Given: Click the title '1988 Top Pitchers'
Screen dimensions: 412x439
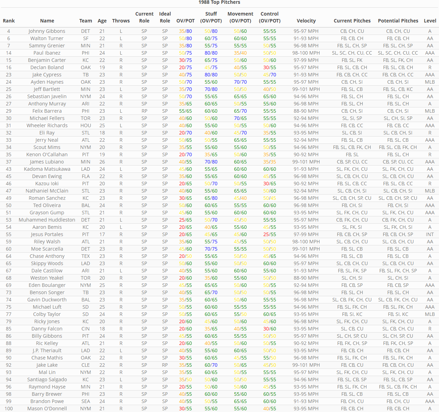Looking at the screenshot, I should point(219,2).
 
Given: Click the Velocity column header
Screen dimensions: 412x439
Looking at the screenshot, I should point(306,21).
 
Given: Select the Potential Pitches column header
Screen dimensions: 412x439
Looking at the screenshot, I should point(398,21).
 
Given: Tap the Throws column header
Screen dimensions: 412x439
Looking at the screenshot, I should point(121,21).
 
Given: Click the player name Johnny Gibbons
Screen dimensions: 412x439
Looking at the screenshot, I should point(47,31).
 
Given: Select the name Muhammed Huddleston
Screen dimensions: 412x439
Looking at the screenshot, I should point(47,220).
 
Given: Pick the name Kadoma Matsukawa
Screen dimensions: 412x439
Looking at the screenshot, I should point(47,169).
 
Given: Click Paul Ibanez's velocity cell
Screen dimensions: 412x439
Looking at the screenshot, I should point(306,53).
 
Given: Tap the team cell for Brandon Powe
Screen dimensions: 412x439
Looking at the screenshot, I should point(86,401).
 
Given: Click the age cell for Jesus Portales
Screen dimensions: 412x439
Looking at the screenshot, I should point(102,234).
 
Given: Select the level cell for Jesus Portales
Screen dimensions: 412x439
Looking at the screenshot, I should point(430,234).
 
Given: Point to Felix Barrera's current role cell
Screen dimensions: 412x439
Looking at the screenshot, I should point(144,111).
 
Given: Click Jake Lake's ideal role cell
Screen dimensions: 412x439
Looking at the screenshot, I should point(165,365).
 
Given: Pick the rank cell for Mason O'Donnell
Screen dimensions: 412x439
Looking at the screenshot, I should point(9,409).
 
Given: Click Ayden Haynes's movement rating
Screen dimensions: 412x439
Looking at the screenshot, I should point(240,82).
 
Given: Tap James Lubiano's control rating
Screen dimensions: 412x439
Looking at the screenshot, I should point(270,162).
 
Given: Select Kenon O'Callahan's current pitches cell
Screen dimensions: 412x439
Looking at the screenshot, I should point(352,154).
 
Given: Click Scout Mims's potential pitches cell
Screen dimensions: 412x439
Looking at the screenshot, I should point(398,147).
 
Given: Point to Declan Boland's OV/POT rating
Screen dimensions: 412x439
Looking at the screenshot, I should point(185,67).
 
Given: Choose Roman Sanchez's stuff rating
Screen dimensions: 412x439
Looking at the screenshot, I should point(211,198).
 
